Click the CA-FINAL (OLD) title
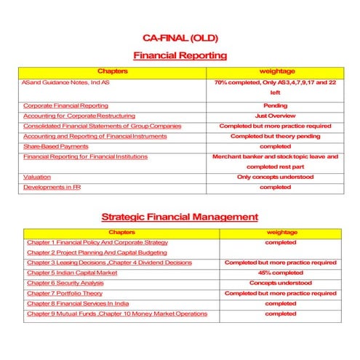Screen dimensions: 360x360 [x=180, y=37]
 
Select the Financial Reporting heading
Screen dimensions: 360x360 [x=180, y=55]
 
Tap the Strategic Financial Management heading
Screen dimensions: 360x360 [x=180, y=216]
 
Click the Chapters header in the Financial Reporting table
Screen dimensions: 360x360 [x=112, y=71]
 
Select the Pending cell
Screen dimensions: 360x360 [x=275, y=105]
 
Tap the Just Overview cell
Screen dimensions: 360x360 [x=275, y=116]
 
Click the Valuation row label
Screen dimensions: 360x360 [x=36, y=177]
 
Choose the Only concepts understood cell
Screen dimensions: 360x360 [x=275, y=177]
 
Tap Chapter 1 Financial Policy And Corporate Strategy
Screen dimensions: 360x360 [x=97, y=242]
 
